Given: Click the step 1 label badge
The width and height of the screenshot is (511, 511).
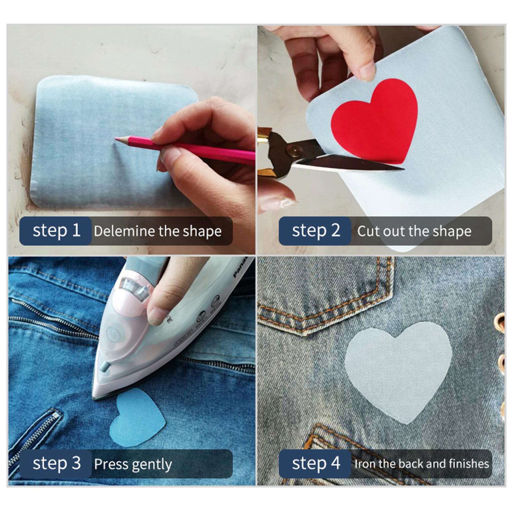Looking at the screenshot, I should tap(56, 231).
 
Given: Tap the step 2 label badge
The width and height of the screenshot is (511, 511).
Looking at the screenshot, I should tap(315, 231).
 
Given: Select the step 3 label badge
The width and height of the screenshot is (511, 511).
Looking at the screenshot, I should tap(56, 463).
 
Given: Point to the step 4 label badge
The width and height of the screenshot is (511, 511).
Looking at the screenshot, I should tap(315, 463).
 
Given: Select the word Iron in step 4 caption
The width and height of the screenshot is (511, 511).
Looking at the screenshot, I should tap(364, 464).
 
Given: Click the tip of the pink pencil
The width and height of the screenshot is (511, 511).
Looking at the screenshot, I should tap(117, 139).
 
